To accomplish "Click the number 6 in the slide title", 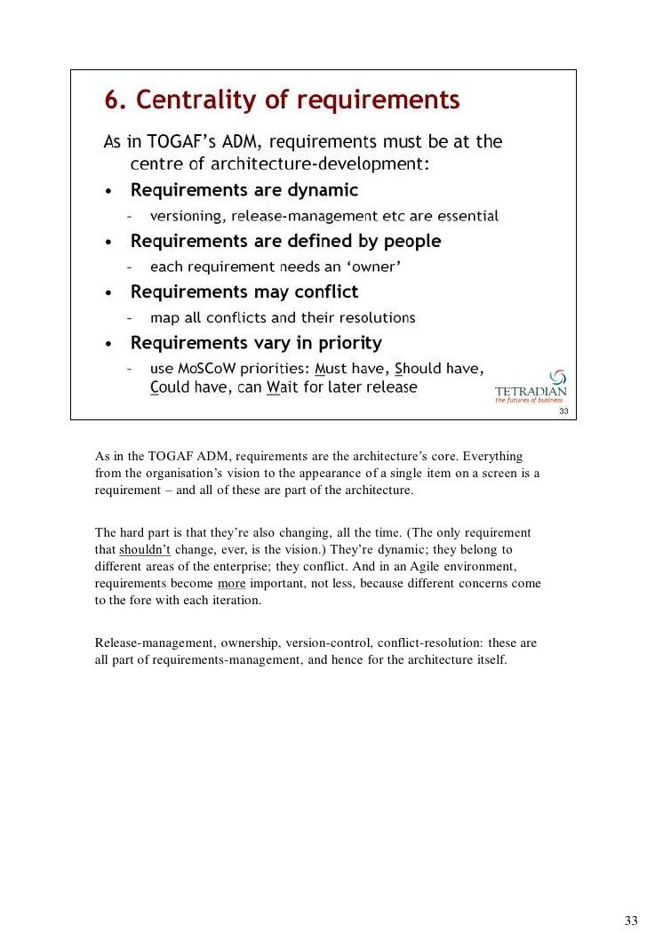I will (113, 100).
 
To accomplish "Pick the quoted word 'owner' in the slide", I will (369, 267).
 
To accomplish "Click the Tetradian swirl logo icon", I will (558, 378).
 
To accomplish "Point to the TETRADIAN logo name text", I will (531, 392).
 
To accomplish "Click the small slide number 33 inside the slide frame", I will (563, 411).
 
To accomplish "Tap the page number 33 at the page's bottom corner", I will (631, 919).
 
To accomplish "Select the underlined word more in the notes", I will (231, 583).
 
